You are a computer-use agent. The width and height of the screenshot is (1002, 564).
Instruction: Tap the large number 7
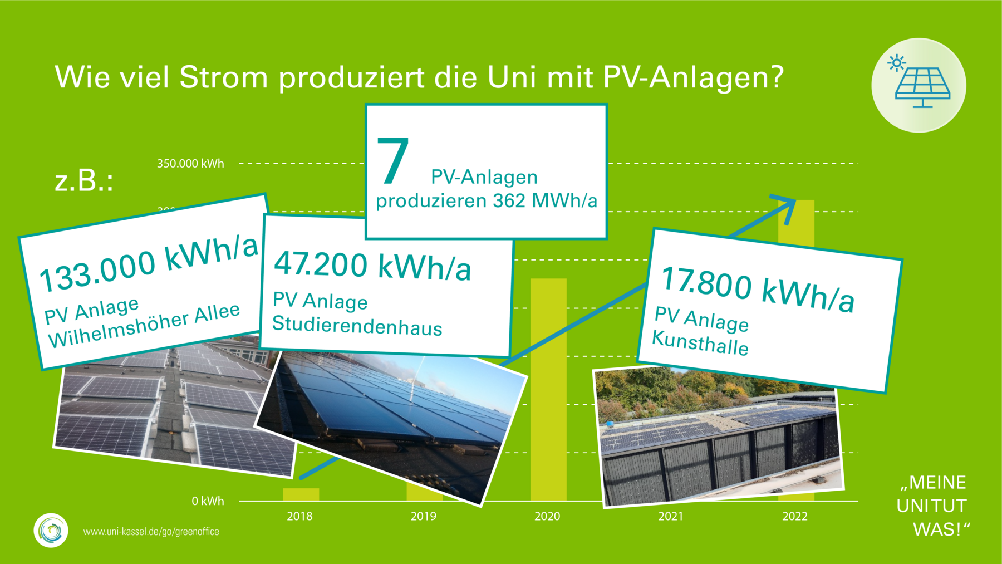click(x=393, y=161)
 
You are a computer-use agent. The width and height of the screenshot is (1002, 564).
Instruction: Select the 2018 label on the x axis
click(x=299, y=517)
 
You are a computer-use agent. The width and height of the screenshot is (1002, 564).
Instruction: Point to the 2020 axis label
click(x=547, y=517)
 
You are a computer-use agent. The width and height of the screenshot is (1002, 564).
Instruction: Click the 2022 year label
click(x=795, y=517)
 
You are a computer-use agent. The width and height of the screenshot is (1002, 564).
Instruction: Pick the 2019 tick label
click(x=424, y=517)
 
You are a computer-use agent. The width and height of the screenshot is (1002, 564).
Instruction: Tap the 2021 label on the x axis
click(x=671, y=517)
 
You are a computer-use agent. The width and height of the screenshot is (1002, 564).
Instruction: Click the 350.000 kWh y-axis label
click(x=190, y=164)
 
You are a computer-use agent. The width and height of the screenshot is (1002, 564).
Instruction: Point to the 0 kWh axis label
click(x=208, y=501)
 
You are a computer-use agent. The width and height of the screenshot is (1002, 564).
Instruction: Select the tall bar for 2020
click(x=548, y=390)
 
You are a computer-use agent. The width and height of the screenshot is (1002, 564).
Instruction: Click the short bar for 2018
click(x=301, y=494)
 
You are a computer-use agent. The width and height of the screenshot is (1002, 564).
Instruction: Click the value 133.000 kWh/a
click(x=149, y=263)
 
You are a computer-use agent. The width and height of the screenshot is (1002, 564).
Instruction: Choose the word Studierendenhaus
click(x=357, y=326)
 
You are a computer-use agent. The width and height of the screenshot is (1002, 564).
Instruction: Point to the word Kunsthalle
click(x=700, y=342)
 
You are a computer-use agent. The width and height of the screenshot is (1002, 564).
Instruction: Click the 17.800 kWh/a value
click(x=757, y=290)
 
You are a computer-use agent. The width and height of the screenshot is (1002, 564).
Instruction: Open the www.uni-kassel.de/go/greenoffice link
click(x=151, y=532)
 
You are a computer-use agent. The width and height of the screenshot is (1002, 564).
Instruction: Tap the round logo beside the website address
click(x=51, y=530)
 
